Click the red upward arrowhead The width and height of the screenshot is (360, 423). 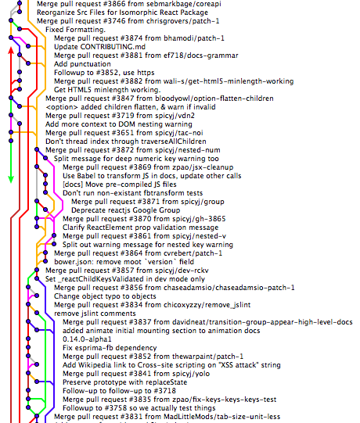click(11, 50)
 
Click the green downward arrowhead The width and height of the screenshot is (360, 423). click(11, 180)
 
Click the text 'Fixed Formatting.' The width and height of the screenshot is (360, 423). click(75, 30)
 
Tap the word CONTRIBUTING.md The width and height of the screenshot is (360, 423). click(113, 47)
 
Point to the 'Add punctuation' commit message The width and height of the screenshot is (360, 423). click(82, 64)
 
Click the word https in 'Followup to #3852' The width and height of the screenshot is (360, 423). click(146, 73)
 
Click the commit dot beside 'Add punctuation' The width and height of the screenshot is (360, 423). click(28, 63)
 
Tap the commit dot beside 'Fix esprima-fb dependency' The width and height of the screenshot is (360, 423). click(28, 347)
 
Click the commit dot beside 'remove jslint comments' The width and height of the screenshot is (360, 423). click(37, 313)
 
